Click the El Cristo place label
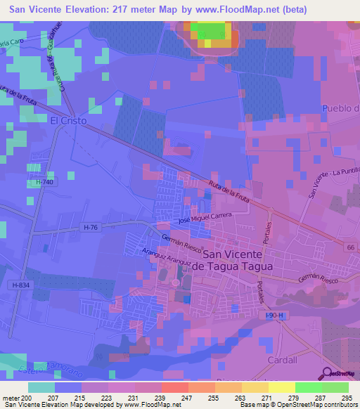68,121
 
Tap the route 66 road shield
349,248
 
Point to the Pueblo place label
340,108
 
